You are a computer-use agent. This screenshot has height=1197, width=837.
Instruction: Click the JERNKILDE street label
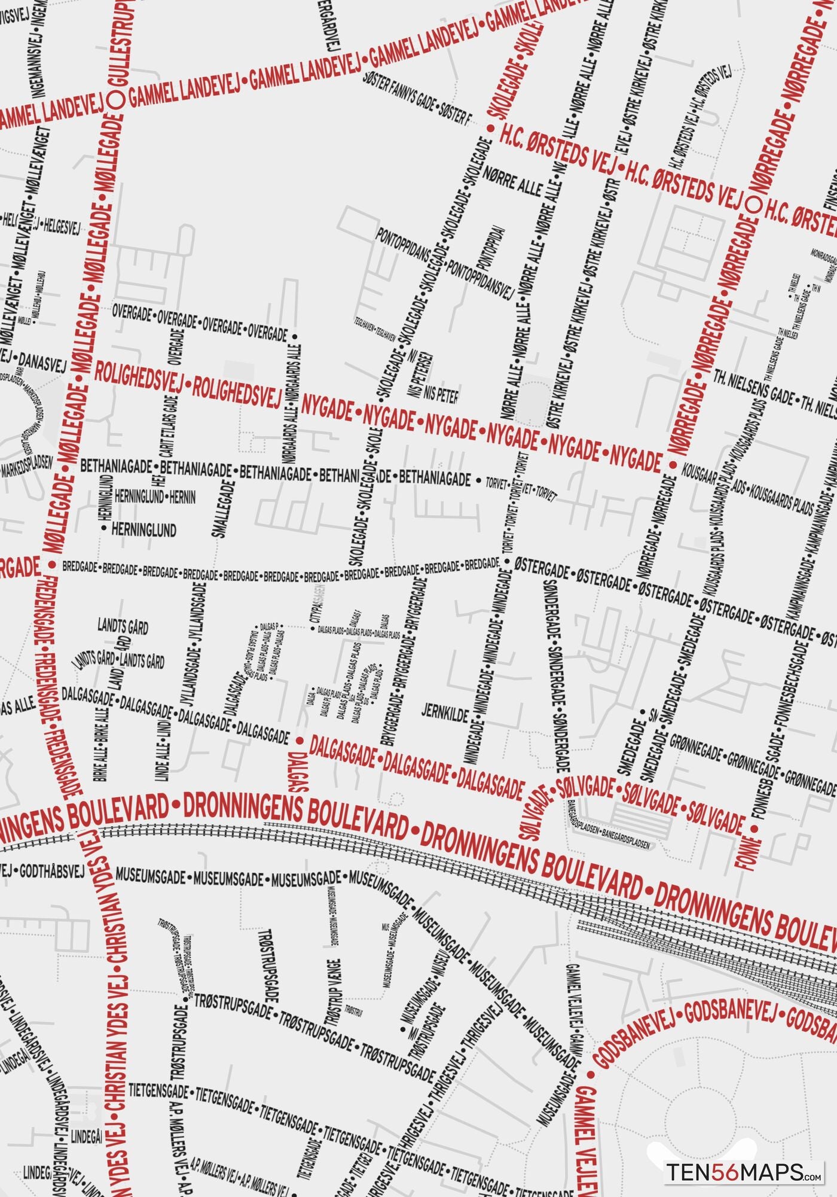tap(445, 712)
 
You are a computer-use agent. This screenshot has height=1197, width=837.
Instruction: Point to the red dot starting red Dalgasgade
tap(300, 741)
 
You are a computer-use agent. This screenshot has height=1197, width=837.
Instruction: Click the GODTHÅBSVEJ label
tap(52, 872)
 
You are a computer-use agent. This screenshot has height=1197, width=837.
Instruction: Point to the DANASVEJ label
tap(42, 361)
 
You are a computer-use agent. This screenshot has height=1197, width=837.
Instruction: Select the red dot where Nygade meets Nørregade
tap(672, 464)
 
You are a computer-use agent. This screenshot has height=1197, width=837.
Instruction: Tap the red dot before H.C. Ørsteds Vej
tap(490, 128)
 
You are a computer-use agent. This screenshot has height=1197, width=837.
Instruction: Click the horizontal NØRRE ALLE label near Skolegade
tap(513, 181)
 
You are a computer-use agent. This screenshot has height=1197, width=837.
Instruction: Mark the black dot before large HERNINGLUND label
tap(104, 529)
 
